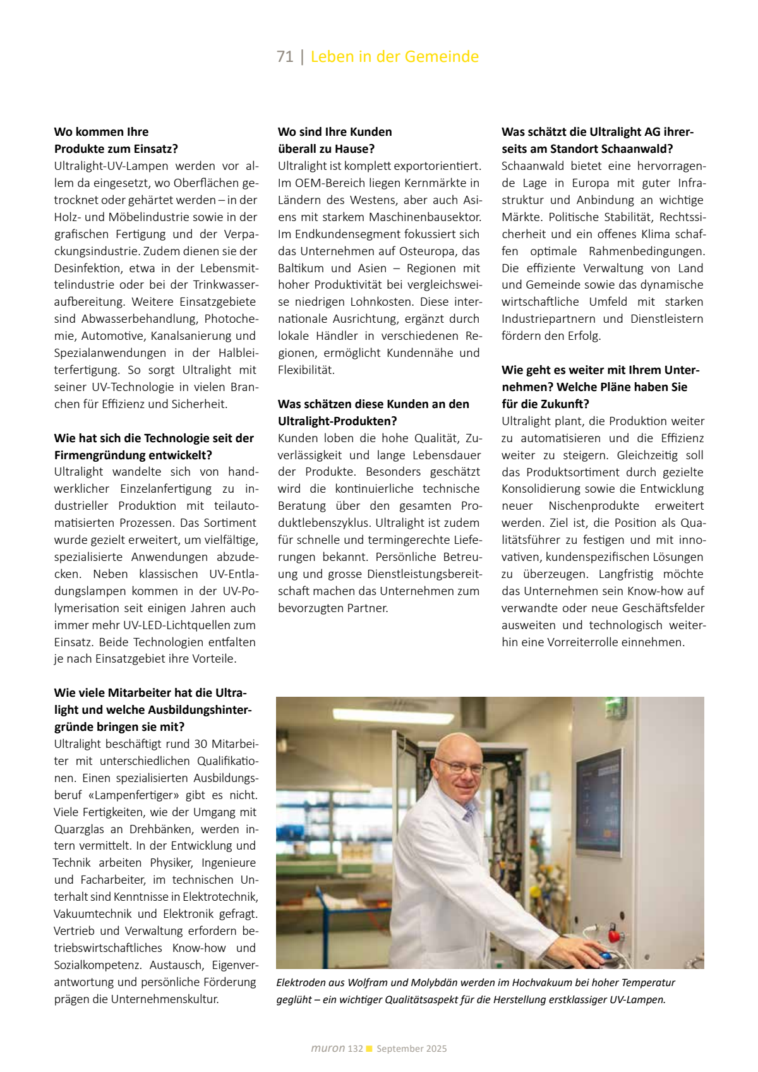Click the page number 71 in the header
[x=285, y=57]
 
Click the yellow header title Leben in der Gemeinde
[x=394, y=57]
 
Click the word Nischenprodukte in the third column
[x=594, y=506]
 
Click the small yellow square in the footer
[x=370, y=1049]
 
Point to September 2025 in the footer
[x=411, y=1049]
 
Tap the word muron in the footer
[x=328, y=1049]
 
